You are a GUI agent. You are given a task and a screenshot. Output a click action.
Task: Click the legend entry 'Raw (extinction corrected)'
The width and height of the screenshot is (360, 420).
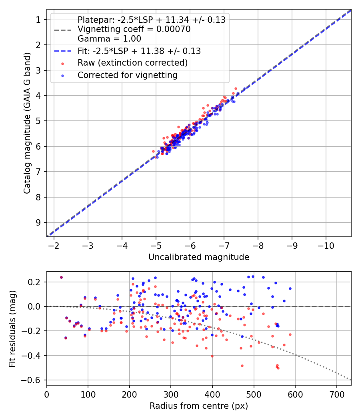132,63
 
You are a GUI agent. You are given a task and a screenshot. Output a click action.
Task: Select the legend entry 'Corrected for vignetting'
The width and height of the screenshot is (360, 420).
128,75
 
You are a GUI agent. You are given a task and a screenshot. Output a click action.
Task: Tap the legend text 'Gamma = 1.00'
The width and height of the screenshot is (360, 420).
109,39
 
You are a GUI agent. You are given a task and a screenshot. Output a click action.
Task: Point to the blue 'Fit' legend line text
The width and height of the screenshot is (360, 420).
139,51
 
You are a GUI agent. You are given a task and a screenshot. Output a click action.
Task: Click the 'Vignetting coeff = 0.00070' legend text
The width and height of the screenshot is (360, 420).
134,29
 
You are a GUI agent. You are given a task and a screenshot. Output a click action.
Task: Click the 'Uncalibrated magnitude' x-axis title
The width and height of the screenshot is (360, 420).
199,257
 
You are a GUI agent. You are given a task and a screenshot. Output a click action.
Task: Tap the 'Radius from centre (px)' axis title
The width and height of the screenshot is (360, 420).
199,406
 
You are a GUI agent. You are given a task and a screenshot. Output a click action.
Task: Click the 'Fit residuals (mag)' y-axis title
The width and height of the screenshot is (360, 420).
13,328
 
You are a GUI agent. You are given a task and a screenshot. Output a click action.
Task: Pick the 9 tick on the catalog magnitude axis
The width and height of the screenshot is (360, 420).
39,222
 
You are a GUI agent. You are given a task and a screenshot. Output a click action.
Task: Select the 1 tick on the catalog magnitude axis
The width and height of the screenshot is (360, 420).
39,19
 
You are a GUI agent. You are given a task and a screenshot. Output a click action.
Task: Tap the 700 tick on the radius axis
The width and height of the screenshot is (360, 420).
337,394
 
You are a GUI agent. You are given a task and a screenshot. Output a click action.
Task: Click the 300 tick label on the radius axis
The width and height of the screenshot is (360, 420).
171,394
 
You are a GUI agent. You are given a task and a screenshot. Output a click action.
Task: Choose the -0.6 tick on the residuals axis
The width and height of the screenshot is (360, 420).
35,380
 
